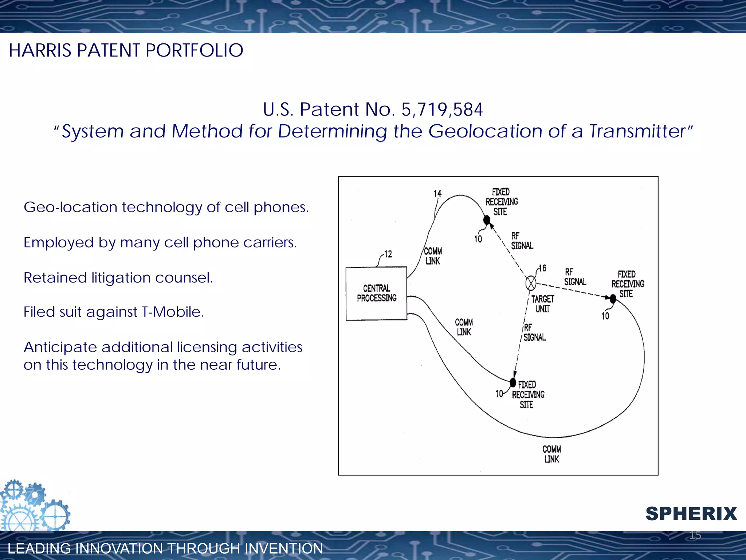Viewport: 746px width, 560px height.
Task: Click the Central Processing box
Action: point(376,293)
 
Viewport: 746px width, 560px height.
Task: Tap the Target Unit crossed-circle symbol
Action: point(531,283)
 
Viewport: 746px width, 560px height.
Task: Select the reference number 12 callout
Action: point(388,254)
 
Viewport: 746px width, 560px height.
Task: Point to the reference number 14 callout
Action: point(437,194)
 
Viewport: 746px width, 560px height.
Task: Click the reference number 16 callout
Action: point(542,268)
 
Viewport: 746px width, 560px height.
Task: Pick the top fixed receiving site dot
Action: point(487,220)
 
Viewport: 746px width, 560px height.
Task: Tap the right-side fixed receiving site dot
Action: point(613,299)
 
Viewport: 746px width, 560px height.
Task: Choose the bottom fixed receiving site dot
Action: point(513,383)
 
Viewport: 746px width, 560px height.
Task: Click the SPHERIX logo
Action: point(691,514)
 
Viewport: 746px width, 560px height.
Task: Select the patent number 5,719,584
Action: point(442,109)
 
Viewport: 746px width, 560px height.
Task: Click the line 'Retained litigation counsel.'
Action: point(118,278)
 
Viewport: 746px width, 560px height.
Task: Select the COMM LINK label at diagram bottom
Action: point(551,454)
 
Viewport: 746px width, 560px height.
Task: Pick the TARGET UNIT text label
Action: point(542,304)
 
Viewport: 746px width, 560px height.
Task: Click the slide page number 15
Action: point(695,535)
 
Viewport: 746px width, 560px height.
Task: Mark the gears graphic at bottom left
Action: point(35,506)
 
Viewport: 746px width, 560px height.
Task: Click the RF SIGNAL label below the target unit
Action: point(534,332)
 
